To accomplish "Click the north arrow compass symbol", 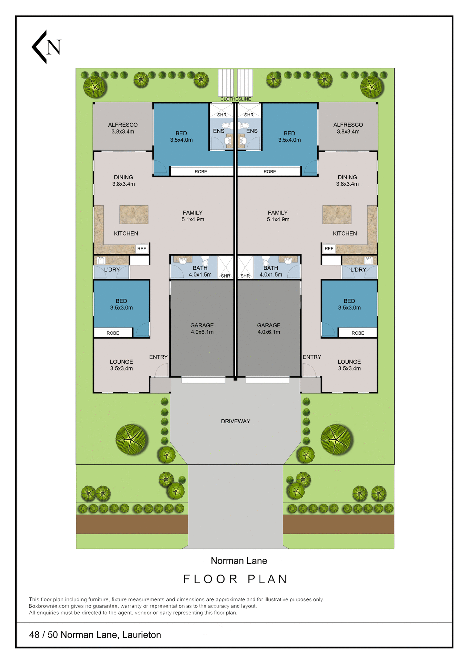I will click(x=46, y=47).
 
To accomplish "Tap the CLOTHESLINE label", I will click(x=236, y=99).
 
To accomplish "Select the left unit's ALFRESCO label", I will click(x=123, y=125).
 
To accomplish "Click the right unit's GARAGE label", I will click(x=269, y=328).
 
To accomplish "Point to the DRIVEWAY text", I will click(x=236, y=421).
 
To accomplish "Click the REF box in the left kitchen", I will click(x=142, y=249).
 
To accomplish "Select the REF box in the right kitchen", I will click(x=329, y=249).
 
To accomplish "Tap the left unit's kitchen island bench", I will click(x=134, y=214).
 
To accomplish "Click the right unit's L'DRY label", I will click(x=358, y=270).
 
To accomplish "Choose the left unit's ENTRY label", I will click(x=158, y=357).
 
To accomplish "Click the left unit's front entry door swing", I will click(x=161, y=371).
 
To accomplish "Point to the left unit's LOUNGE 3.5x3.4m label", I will click(x=121, y=365).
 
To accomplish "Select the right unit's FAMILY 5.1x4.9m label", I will click(x=278, y=216).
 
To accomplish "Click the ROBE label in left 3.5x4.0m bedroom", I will click(x=201, y=172).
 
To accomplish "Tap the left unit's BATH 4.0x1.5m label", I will click(x=200, y=271).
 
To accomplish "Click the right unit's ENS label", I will click(x=252, y=131).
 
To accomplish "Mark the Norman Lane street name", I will click(x=239, y=561).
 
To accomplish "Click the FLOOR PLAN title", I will click(x=236, y=579).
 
